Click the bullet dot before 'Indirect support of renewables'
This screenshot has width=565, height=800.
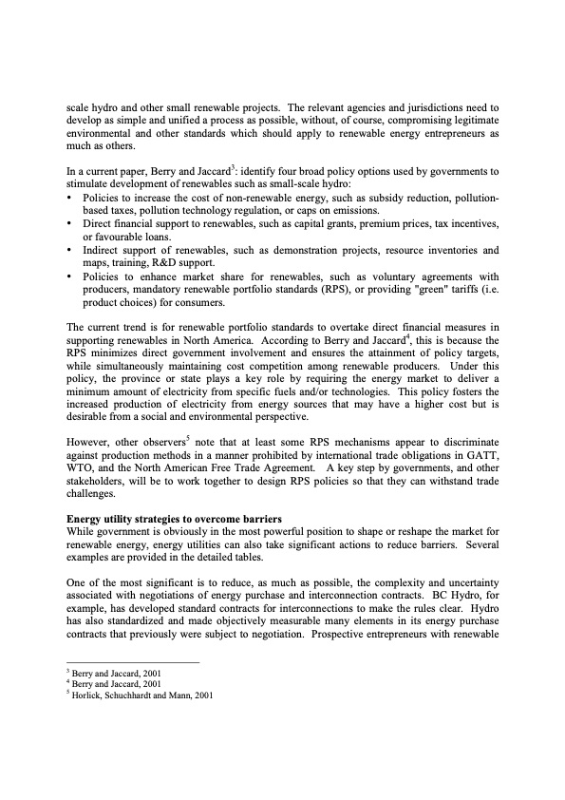tap(70, 250)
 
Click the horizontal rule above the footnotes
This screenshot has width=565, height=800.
tap(132, 662)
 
